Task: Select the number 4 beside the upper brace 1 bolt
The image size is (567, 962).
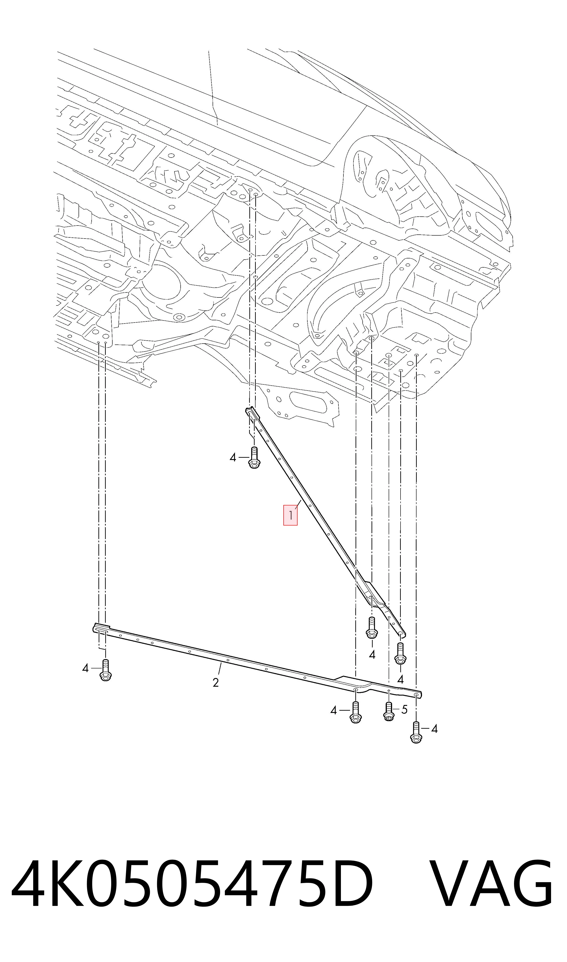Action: tap(233, 457)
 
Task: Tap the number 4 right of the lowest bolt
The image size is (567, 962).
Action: tap(434, 729)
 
